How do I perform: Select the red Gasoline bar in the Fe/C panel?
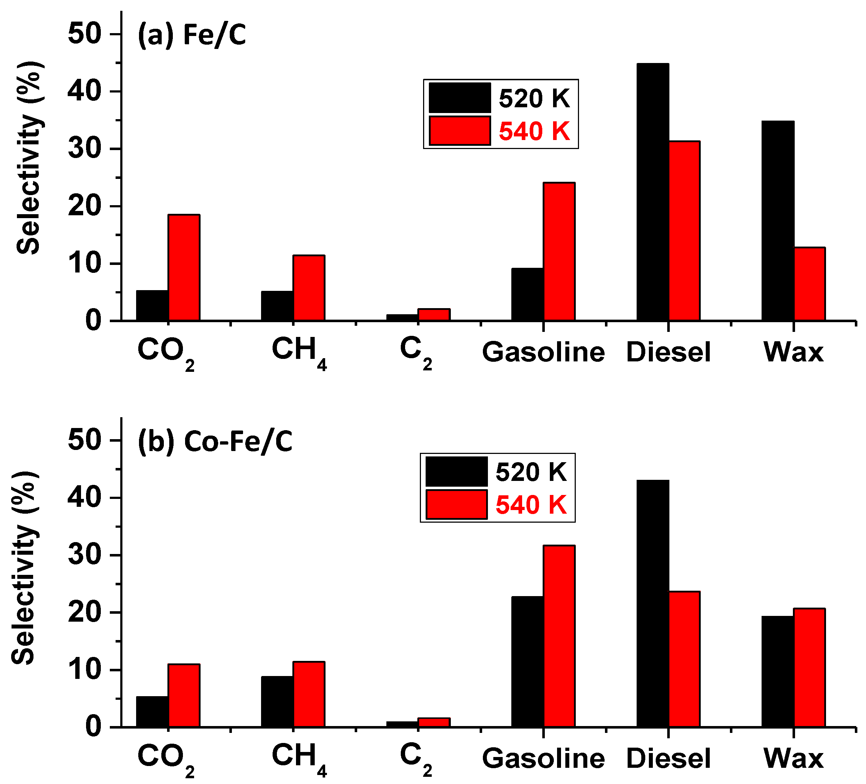(x=559, y=252)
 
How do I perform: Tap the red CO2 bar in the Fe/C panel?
(x=184, y=267)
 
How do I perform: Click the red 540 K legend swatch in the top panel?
(x=459, y=131)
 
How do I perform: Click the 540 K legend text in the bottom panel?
(x=531, y=505)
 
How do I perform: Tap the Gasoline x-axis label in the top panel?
(x=543, y=352)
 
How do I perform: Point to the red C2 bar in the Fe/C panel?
(x=434, y=315)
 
